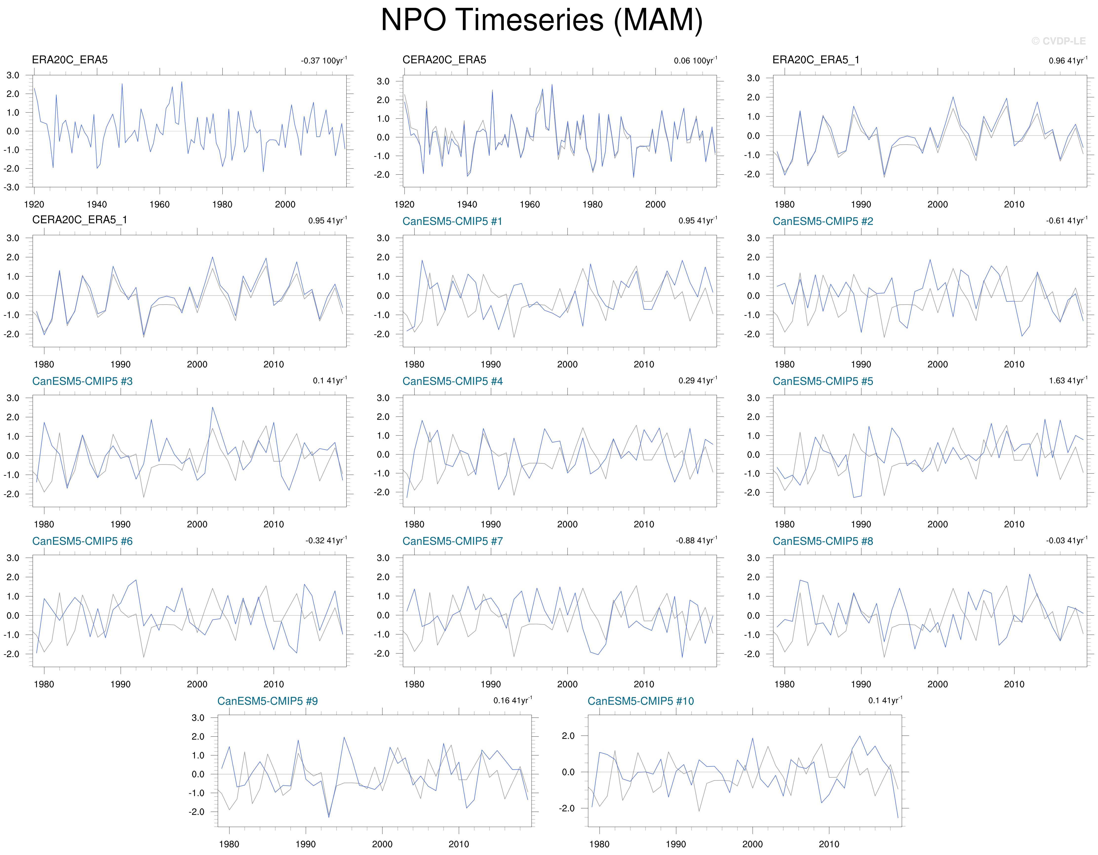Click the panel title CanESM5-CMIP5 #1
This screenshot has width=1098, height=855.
[x=452, y=221]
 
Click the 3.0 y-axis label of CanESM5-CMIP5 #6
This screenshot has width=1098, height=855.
[x=13, y=558]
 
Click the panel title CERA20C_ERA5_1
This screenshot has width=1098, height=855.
[x=79, y=220]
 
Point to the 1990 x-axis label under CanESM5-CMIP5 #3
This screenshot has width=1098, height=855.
[x=120, y=524]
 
